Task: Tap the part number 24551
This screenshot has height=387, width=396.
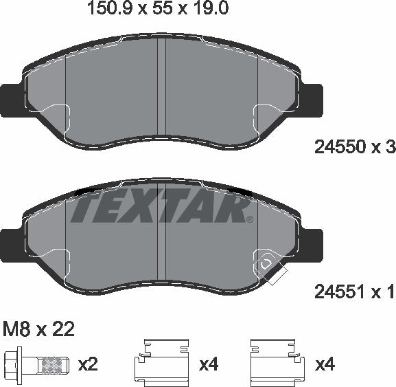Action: coord(337,293)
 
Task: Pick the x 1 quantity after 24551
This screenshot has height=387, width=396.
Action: coord(382,293)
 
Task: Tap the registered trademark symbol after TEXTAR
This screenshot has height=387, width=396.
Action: coord(249,220)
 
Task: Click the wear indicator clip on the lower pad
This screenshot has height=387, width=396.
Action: coord(268,267)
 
